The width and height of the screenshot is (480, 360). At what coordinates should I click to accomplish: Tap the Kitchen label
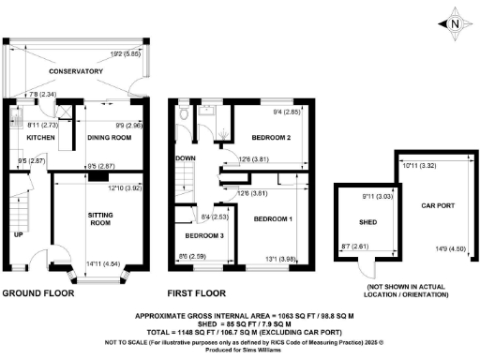40,139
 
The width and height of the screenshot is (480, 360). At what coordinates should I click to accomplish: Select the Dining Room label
108,139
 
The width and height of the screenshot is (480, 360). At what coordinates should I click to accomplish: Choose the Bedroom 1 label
273,219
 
